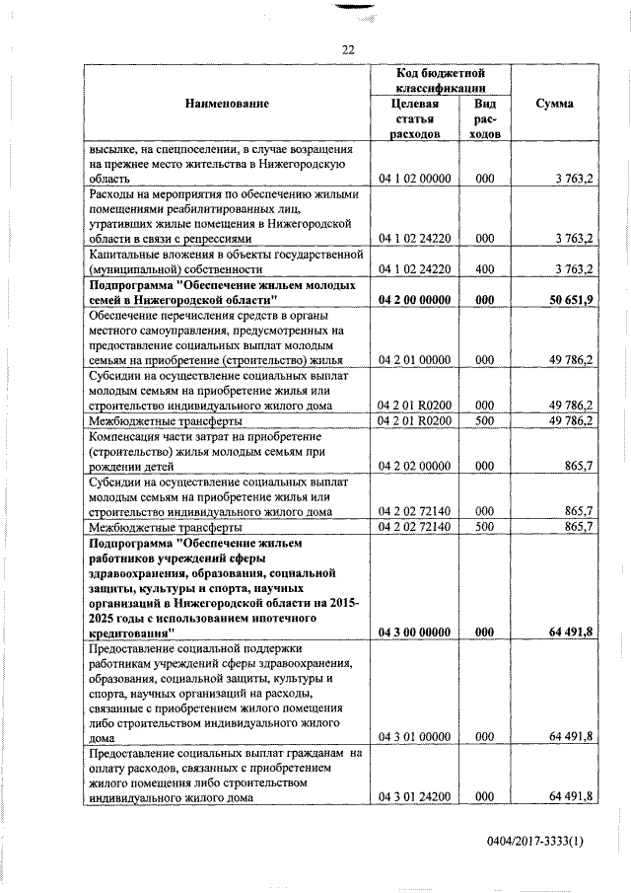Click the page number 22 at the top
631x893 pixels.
click(x=348, y=50)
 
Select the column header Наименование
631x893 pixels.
click(x=226, y=104)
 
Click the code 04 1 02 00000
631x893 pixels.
click(x=414, y=180)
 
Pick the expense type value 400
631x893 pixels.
click(x=484, y=268)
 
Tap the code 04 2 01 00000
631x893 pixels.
click(x=414, y=360)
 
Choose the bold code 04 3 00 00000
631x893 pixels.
click(x=414, y=633)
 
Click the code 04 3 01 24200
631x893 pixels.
click(x=414, y=796)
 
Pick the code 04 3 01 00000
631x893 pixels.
click(x=414, y=736)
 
